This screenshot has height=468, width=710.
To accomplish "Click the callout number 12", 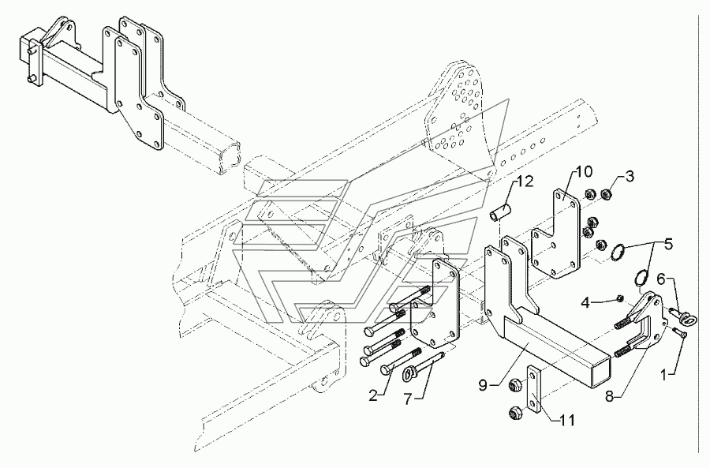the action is tap(525, 182).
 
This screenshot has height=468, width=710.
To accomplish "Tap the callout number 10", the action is tap(584, 171).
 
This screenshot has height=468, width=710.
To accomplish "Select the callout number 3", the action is tap(630, 176).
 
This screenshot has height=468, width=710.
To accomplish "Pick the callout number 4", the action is tap(585, 302).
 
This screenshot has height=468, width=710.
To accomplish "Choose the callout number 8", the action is tap(611, 397).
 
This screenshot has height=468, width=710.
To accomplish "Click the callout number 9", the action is tap(483, 386).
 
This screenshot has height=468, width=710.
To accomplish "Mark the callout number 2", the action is tap(373, 396).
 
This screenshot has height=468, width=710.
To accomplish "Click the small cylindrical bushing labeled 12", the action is tap(498, 212).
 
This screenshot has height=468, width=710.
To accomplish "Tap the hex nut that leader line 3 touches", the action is tap(604, 195).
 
